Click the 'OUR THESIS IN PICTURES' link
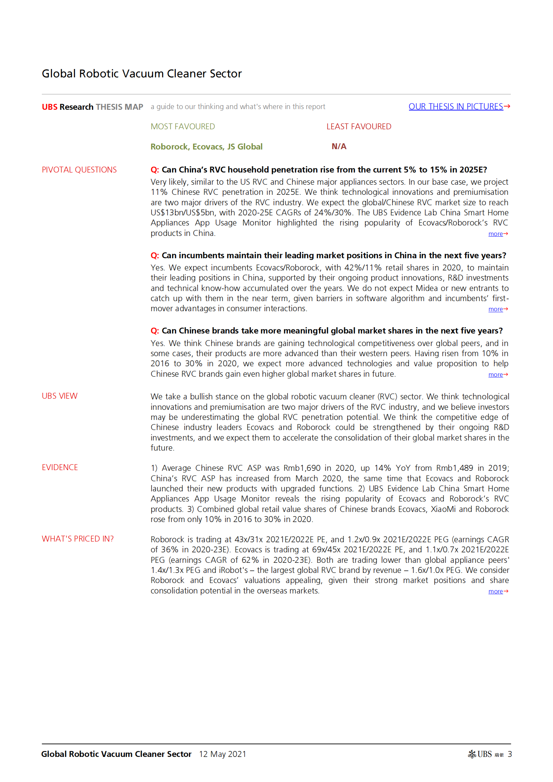(x=456, y=107)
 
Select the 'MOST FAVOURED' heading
(x=183, y=127)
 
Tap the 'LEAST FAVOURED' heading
(x=359, y=127)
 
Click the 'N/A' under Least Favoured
(x=339, y=146)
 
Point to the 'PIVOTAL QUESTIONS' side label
(x=79, y=170)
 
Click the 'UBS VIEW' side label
(x=60, y=396)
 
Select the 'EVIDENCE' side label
(x=60, y=467)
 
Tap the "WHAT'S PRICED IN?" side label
(x=78, y=539)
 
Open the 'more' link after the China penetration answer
(x=495, y=234)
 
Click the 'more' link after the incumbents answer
(x=495, y=309)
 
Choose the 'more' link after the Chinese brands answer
(x=495, y=375)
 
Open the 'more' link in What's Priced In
(x=495, y=591)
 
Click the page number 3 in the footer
(x=510, y=754)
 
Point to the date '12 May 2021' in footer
(x=222, y=754)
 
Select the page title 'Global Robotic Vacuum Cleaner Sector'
(x=142, y=74)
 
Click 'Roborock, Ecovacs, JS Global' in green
(x=206, y=147)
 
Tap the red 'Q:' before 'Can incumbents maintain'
(x=154, y=255)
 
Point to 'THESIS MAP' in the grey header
(x=119, y=107)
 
